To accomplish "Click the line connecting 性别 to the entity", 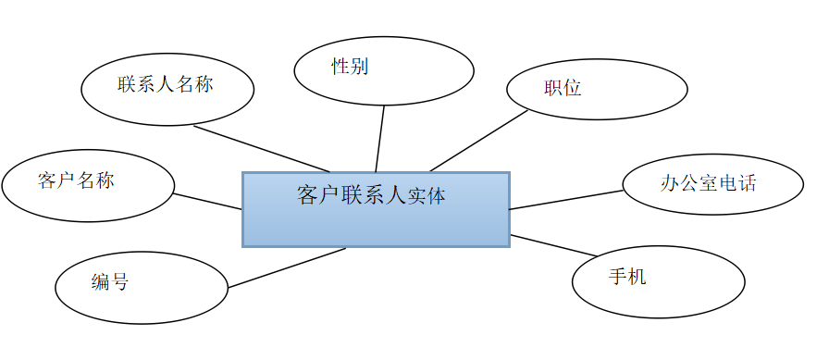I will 379,139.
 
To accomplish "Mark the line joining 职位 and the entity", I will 479,141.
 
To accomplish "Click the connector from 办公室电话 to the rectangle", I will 566,200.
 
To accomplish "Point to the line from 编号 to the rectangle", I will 287,267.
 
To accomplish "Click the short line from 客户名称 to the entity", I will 208,201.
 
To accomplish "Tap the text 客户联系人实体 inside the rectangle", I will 371,196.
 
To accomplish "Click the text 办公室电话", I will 709,183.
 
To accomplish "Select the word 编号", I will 110,282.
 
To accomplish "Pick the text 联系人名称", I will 166,84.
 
